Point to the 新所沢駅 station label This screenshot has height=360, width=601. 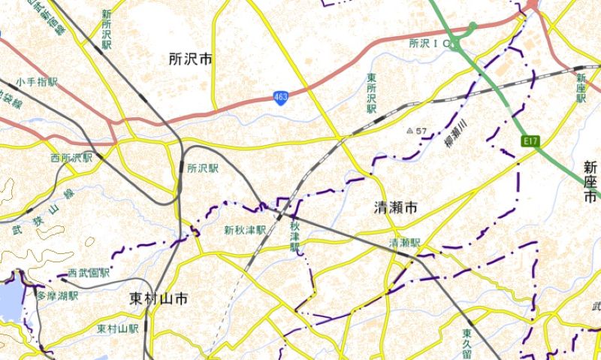click(x=107, y=28)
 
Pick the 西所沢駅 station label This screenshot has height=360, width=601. click(x=71, y=158)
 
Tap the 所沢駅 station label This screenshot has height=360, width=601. click(x=203, y=168)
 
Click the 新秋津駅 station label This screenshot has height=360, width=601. click(x=245, y=230)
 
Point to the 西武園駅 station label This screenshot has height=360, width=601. click(x=89, y=273)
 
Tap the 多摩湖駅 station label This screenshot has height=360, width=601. click(x=58, y=296)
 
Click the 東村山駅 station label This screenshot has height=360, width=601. click(x=118, y=329)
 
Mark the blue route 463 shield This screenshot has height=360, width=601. click(x=280, y=98)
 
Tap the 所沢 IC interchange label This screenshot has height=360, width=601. click(x=433, y=44)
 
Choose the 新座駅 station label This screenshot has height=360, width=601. click(x=581, y=91)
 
